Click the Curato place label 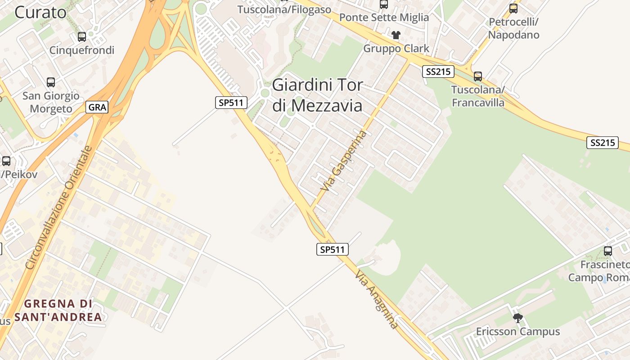(40, 12)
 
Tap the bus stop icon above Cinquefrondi (82, 37)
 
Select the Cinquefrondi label (82, 50)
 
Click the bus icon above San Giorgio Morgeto (51, 82)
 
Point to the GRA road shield (97, 107)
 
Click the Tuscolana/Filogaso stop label (284, 9)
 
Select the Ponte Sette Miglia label (384, 18)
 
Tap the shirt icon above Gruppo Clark (396, 35)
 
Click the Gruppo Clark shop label (396, 49)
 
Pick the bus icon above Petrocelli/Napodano (513, 9)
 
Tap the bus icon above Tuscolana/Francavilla (478, 76)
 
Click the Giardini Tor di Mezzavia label (317, 95)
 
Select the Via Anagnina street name (377, 299)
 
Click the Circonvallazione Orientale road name (59, 207)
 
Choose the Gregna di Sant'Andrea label (58, 310)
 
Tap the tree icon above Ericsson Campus (518, 318)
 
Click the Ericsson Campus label (518, 332)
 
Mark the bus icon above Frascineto (608, 251)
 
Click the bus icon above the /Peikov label (6, 161)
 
